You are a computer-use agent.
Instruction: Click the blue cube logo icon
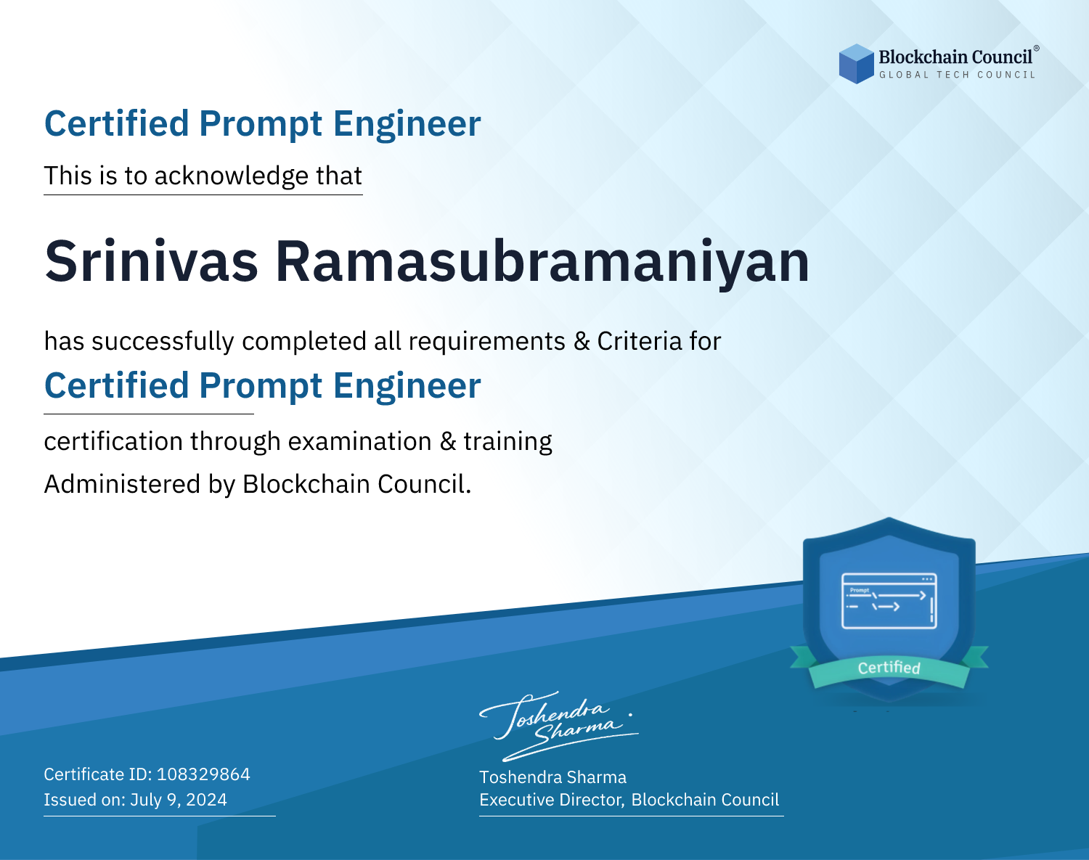856,64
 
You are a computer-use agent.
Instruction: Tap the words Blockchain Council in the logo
955,57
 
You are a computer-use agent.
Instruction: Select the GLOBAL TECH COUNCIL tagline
958,75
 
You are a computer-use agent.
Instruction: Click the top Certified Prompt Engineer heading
263,124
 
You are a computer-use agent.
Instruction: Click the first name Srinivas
151,261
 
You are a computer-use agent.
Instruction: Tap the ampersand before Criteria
582,341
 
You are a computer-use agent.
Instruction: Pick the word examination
360,441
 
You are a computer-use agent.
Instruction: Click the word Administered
122,483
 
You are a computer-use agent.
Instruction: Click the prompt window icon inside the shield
889,601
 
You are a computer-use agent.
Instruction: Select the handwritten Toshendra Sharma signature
559,726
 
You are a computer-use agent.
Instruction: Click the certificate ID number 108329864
203,774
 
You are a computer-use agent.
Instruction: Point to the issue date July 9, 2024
179,800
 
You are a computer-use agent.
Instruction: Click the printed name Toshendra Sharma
553,777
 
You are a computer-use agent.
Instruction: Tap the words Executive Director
550,800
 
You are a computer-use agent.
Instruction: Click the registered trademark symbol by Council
1037,48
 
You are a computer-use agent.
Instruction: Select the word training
508,442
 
